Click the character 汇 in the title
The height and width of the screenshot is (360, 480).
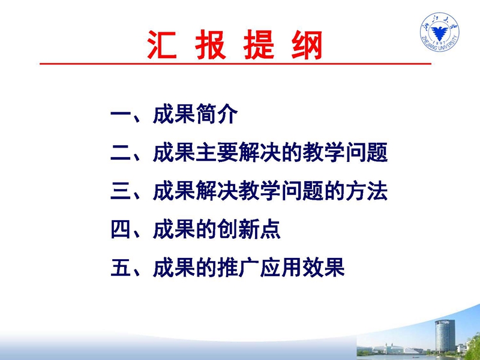point(162,45)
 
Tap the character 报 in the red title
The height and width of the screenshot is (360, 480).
point(211,45)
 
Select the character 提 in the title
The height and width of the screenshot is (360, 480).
point(259,45)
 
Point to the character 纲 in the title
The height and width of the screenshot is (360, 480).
point(307,45)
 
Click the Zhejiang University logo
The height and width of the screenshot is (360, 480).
point(440,32)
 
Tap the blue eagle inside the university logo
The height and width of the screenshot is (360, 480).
point(440,32)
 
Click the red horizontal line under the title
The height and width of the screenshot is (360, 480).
point(235,64)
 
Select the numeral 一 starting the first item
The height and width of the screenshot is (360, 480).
point(121,115)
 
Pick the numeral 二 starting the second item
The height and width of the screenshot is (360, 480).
point(121,152)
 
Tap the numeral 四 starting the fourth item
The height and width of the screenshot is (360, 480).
point(121,230)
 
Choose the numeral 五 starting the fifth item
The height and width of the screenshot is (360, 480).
point(121,268)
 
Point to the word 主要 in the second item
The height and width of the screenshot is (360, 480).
point(217,152)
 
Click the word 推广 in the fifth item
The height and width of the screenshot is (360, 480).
point(238,268)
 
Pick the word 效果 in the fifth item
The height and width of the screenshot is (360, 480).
point(323,268)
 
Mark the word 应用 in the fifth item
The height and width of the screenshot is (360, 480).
point(281,268)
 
